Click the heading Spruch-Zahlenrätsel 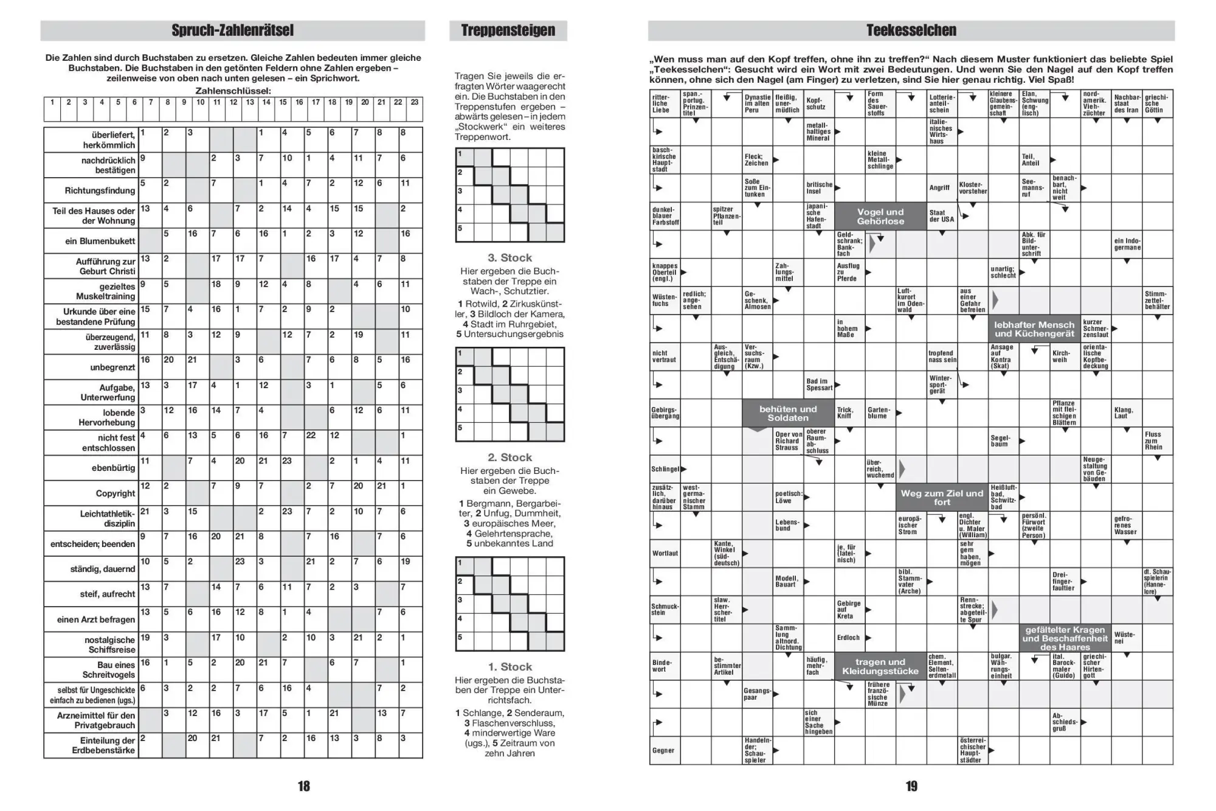pyautogui.click(x=232, y=30)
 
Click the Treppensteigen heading pyautogui.click(x=508, y=30)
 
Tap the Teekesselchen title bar pyautogui.click(x=911, y=30)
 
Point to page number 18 pyautogui.click(x=303, y=786)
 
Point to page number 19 pyautogui.click(x=911, y=786)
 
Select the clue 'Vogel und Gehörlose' pyautogui.click(x=880, y=217)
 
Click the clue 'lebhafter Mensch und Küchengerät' pyautogui.click(x=1034, y=329)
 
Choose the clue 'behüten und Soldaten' pyautogui.click(x=787, y=414)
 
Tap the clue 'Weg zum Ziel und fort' pyautogui.click(x=941, y=498)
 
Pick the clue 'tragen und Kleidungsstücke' pyautogui.click(x=880, y=666)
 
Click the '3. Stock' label pyautogui.click(x=510, y=258)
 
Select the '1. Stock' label pyautogui.click(x=510, y=667)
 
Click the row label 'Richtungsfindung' pyautogui.click(x=100, y=190)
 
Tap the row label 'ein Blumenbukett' pyautogui.click(x=100, y=241)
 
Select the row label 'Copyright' pyautogui.click(x=115, y=493)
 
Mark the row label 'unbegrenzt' pyautogui.click(x=112, y=367)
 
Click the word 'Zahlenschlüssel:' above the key pyautogui.click(x=233, y=91)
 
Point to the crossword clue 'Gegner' pyautogui.click(x=663, y=750)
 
